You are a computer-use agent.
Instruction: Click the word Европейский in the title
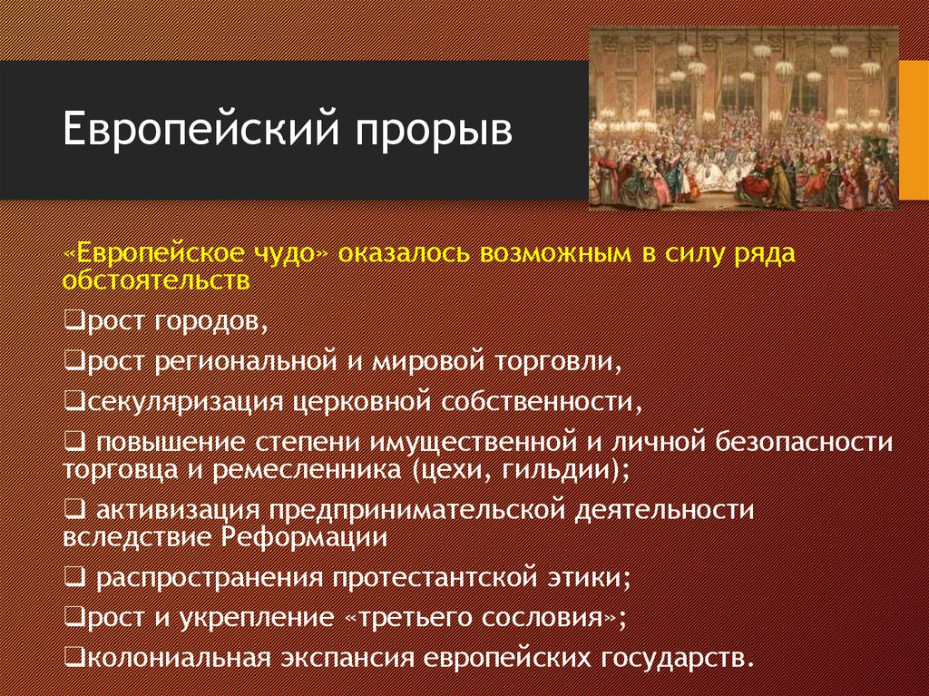(201, 129)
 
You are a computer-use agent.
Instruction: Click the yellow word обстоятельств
(156, 279)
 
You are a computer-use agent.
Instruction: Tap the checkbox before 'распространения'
(76, 577)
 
